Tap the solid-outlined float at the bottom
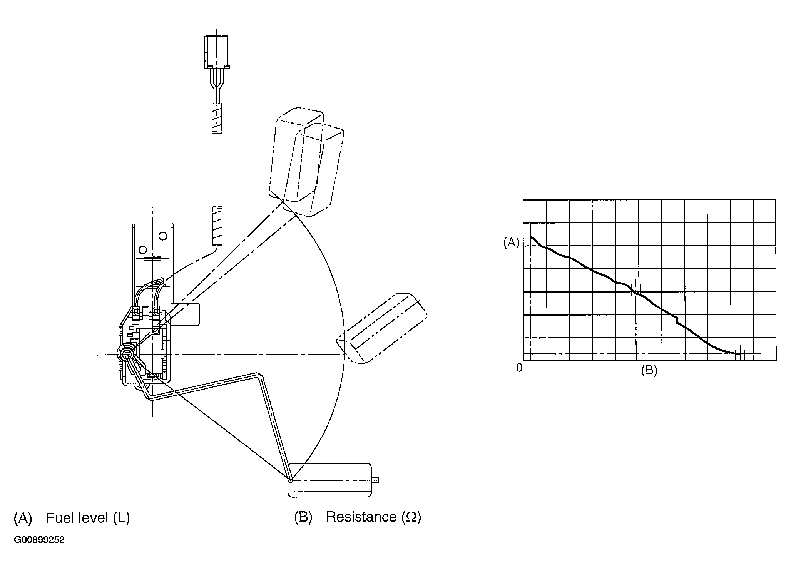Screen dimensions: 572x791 coord(329,480)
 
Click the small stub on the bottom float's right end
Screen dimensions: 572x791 coord(376,480)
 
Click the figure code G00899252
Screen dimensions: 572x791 coord(39,540)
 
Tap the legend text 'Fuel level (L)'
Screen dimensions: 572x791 coord(88,518)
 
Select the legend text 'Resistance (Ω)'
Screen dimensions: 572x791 coord(373,517)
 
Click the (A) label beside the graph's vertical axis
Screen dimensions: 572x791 coord(511,243)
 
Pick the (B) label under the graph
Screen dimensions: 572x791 coord(649,370)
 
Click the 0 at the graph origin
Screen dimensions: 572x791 coord(519,368)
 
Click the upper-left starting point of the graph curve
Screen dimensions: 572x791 coord(532,237)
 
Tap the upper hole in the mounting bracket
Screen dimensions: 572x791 coord(163,235)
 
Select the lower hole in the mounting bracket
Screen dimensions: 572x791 coord(143,250)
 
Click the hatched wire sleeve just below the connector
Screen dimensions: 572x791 coord(217,119)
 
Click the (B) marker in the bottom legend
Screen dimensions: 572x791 coord(303,517)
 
